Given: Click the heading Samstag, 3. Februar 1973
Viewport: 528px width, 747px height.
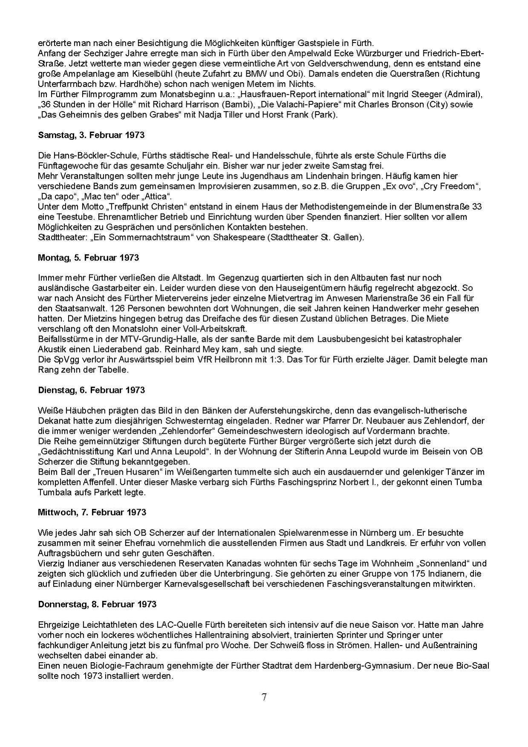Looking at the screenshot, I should [x=91, y=135].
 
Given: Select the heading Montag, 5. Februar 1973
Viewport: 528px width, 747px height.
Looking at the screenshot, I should [x=88, y=258].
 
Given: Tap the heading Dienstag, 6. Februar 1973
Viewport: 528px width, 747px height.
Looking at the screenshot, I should [x=91, y=390].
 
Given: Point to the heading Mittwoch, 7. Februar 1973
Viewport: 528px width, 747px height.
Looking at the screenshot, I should [x=92, y=513].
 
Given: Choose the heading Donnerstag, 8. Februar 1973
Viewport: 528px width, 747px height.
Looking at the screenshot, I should [x=97, y=605].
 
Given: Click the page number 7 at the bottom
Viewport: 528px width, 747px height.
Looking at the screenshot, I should [x=264, y=698].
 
